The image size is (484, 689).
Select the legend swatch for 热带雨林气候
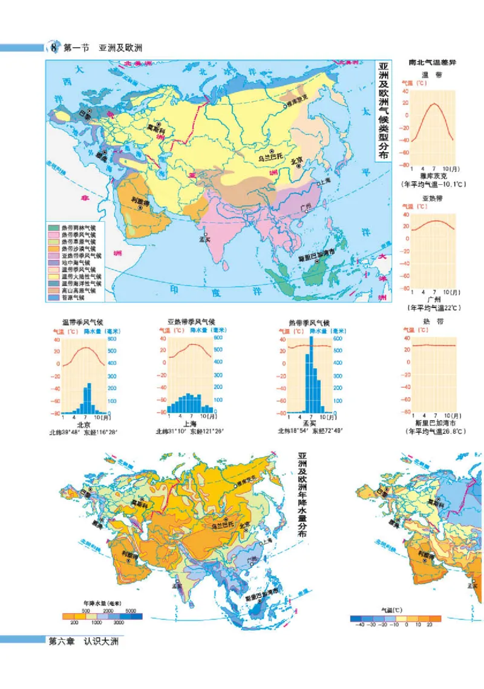[x=55, y=228]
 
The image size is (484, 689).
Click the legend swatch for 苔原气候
[x=55, y=297]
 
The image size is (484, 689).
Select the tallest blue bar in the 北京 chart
[x=89, y=398]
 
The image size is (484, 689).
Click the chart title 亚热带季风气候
[x=191, y=322]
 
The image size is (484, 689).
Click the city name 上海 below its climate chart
[x=191, y=424]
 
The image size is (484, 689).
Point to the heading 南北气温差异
[x=431, y=63]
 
